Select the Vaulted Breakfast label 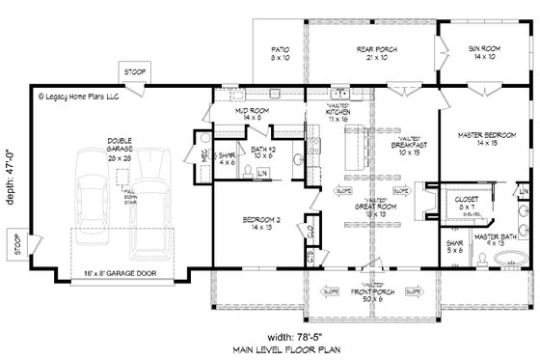point(408,147)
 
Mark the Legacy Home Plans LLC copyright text point(81,97)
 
